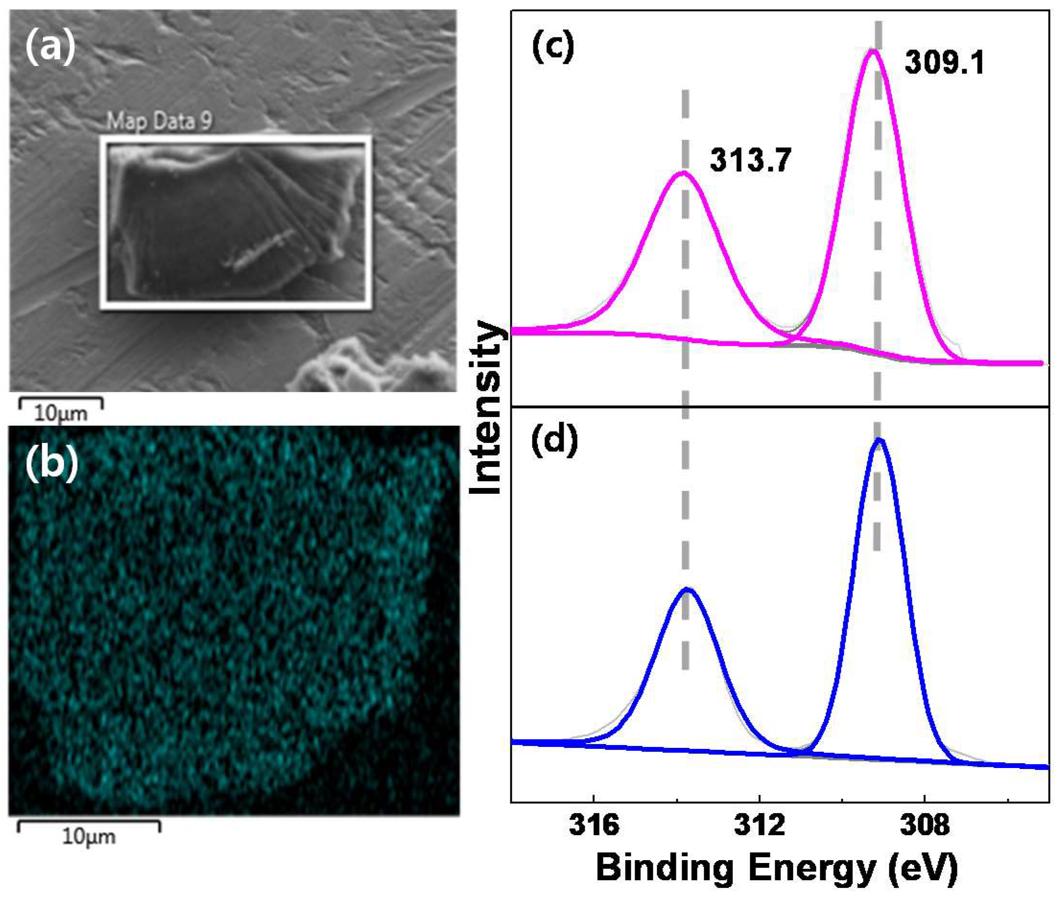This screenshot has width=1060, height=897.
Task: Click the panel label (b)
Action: tap(52, 465)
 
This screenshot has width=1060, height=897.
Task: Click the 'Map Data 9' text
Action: tap(159, 121)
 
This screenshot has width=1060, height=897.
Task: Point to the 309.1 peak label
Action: tap(944, 64)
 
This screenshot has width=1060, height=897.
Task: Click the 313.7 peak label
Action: tap(751, 161)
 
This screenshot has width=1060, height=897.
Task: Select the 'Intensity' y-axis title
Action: tap(486, 407)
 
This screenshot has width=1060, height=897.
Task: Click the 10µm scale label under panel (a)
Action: tap(61, 413)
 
